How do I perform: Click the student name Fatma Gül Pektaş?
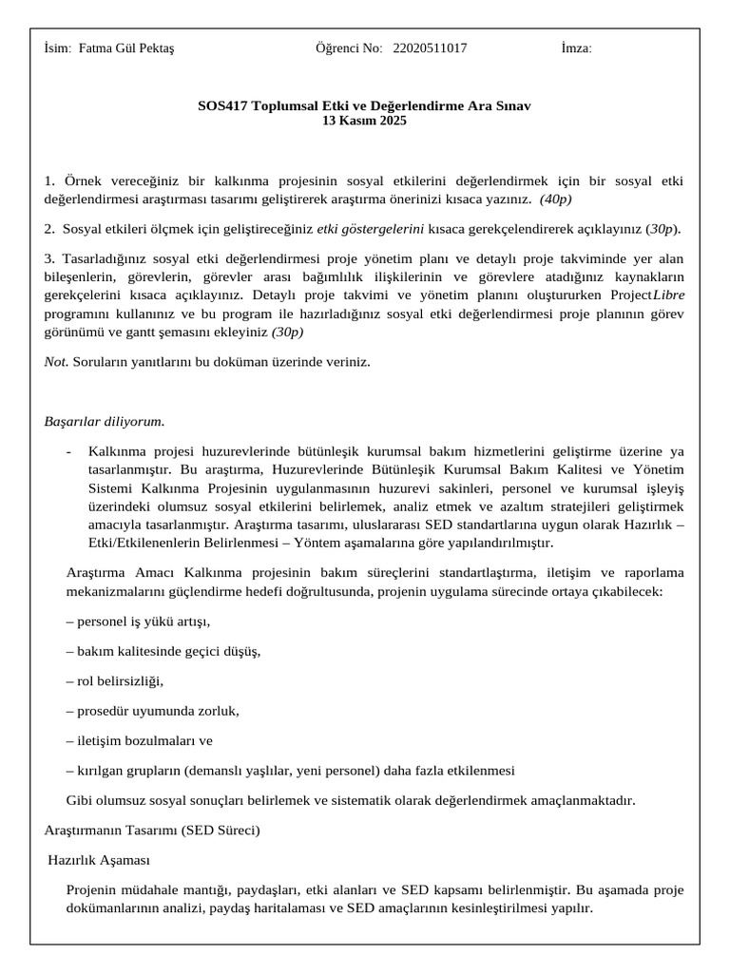[126, 48]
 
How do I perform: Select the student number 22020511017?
[430, 48]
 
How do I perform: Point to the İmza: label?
[577, 48]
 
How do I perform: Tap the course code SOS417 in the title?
[219, 106]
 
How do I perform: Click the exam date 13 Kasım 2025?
[364, 121]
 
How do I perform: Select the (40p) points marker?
[555, 199]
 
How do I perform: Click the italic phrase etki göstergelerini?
[371, 228]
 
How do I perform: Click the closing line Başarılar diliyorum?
[105, 421]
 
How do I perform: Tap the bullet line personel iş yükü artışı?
[139, 621]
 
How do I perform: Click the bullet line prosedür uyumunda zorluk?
[153, 710]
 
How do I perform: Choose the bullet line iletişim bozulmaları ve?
[140, 740]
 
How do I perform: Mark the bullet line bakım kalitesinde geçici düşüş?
[163, 651]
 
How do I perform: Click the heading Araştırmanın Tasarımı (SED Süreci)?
[152, 830]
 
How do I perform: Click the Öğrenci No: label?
[349, 48]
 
